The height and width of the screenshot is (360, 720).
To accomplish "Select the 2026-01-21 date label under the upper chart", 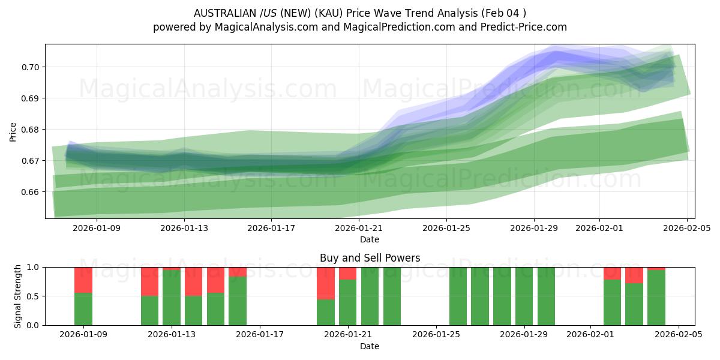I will click(359, 228).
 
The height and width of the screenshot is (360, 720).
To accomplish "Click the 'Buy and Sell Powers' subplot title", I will click(370, 258).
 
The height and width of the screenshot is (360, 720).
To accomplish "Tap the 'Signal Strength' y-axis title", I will click(18, 296).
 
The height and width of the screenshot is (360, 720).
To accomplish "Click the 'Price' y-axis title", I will click(13, 132).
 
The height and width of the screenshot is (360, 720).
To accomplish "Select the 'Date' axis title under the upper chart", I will click(370, 239).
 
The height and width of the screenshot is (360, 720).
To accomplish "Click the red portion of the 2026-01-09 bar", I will click(83, 280).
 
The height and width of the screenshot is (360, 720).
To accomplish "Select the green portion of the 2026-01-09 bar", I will click(83, 309).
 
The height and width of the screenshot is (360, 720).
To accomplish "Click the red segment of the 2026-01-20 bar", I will click(326, 283).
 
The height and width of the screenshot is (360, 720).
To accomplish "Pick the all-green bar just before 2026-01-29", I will click(502, 296).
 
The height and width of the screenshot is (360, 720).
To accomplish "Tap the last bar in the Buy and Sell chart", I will click(656, 298).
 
